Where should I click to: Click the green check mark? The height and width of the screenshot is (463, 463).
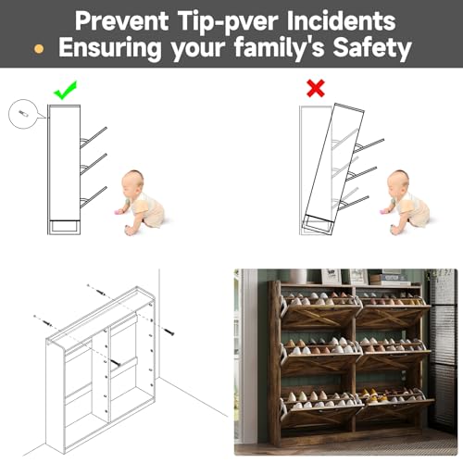pyautogui.click(x=65, y=90)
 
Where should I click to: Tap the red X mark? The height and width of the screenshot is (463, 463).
pyautogui.click(x=316, y=88)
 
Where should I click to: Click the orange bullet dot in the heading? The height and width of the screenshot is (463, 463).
pyautogui.click(x=39, y=49)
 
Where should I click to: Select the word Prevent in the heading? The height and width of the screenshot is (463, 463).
pyautogui.click(x=121, y=20)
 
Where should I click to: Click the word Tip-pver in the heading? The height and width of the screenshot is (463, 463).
pyautogui.click(x=228, y=22)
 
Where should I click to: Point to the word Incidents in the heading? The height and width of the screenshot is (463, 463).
pyautogui.click(x=341, y=20)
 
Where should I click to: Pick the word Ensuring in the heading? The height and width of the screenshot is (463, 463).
pyautogui.click(x=110, y=48)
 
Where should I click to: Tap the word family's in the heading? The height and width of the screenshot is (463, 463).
pyautogui.click(x=279, y=48)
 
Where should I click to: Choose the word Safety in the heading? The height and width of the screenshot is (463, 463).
pyautogui.click(x=372, y=48)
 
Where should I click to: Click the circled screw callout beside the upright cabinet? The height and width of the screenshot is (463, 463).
pyautogui.click(x=23, y=114)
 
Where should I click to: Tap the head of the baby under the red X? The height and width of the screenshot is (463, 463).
pyautogui.click(x=398, y=182)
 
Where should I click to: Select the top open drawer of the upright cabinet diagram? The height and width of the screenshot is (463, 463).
pyautogui.click(x=94, y=137)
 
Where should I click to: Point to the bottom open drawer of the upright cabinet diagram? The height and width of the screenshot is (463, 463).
pyautogui.click(x=94, y=197)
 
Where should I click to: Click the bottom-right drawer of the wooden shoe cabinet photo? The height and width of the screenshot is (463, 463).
pyautogui.click(x=394, y=409)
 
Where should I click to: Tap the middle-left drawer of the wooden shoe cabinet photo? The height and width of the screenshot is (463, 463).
pyautogui.click(x=321, y=359)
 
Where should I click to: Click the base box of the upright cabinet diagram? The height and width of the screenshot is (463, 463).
pyautogui.click(x=64, y=226)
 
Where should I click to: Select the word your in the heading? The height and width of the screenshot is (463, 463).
pyautogui.click(x=198, y=50)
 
